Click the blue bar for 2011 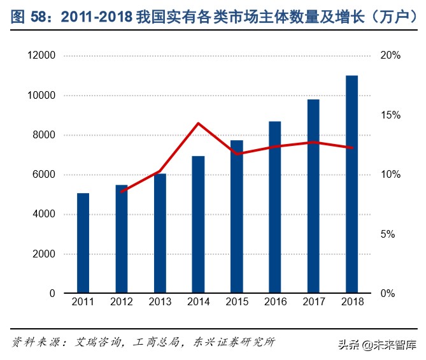(x=83, y=243)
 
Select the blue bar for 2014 (x=198, y=224)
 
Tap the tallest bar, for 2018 (x=351, y=184)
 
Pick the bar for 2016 (x=275, y=207)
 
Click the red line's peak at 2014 (x=198, y=123)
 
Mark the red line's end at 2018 (x=351, y=148)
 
